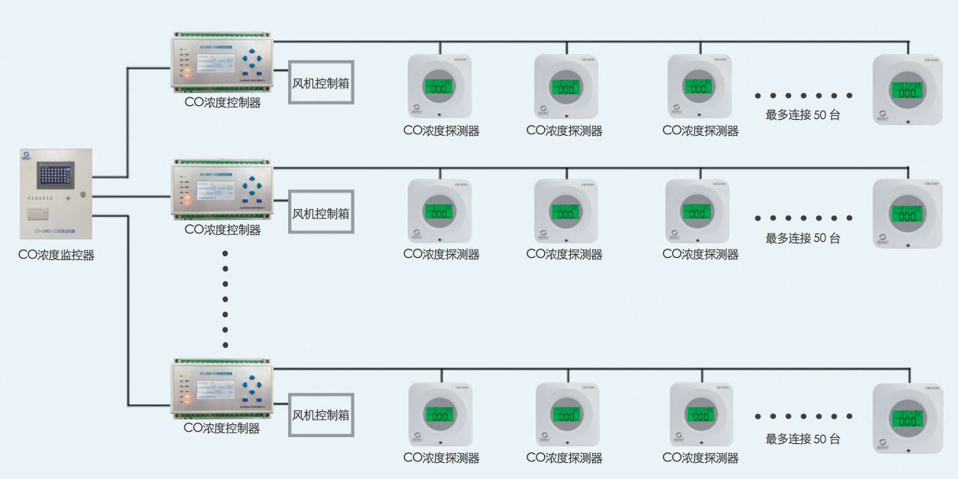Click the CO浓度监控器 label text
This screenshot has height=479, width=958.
click(56, 256)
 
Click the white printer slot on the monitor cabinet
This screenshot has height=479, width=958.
click(38, 213)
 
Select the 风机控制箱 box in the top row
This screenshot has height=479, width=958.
click(321, 83)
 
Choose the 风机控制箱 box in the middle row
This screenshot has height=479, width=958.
click(321, 213)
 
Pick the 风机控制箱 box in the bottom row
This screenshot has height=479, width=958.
click(321, 415)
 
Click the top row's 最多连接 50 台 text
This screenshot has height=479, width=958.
click(803, 115)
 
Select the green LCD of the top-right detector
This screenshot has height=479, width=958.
click(907, 90)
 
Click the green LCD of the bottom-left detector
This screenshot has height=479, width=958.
click(441, 417)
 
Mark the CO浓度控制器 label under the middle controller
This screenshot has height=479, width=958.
click(223, 229)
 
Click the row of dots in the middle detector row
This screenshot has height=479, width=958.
click(803, 218)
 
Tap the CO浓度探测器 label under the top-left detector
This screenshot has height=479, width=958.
click(441, 131)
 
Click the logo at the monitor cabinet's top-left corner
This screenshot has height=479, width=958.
click(26, 156)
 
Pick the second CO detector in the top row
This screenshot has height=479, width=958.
click(566, 85)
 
